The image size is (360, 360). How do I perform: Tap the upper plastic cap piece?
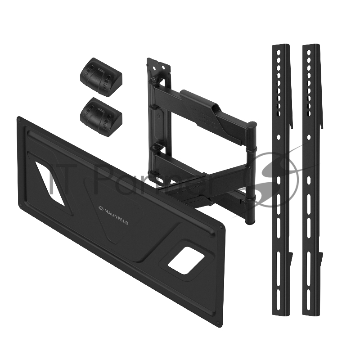click(x=101, y=76)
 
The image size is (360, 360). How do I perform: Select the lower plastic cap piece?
click(x=101, y=117)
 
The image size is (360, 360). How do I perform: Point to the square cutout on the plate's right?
click(x=186, y=261)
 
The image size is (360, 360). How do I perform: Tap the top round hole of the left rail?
click(x=279, y=53)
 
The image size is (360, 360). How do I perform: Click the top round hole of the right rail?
click(x=309, y=53)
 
